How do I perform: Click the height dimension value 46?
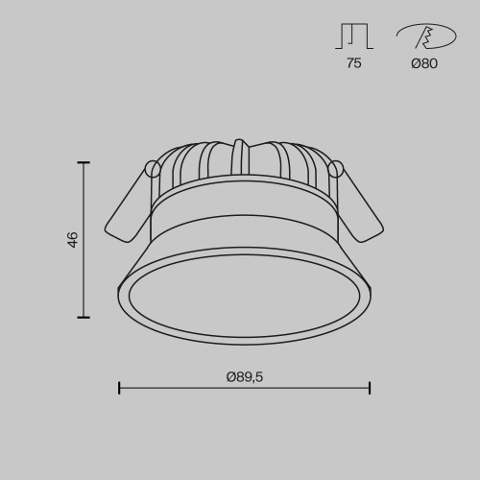[73, 240]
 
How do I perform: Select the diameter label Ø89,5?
[245, 378]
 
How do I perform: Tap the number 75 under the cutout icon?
[354, 64]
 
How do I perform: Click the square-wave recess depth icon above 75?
[354, 36]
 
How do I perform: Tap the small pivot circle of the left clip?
[152, 169]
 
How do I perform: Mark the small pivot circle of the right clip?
[335, 169]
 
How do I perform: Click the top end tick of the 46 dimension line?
[84, 163]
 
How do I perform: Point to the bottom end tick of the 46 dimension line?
[84, 317]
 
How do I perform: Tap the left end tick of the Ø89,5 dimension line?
[119, 388]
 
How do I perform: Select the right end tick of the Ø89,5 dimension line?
[370, 388]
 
